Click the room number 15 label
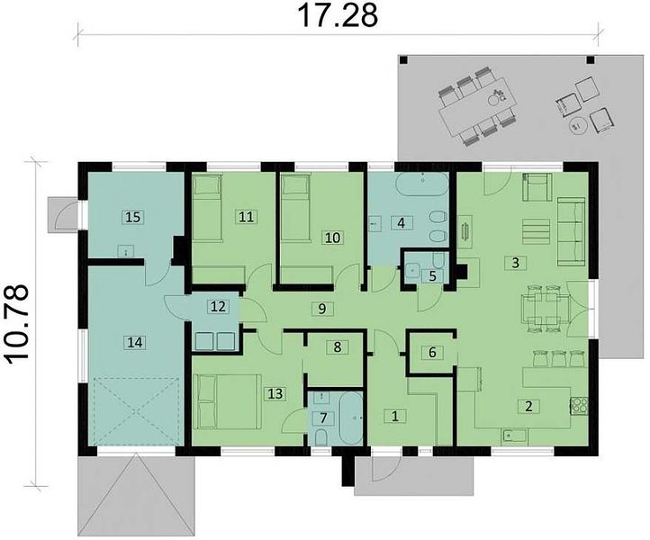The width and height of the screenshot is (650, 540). click(132, 217)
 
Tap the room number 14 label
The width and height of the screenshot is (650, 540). click(135, 343)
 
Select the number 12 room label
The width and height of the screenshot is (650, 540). click(218, 307)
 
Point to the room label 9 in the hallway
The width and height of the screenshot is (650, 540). click(322, 309)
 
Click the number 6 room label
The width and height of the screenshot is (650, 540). click(432, 352)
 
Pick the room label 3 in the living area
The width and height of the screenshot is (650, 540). click(515, 263)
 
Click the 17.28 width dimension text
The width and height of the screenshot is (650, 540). click(338, 15)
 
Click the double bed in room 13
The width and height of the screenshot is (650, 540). click(229, 401)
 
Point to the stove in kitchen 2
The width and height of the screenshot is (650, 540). click(580, 405)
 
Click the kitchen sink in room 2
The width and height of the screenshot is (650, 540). click(514, 436)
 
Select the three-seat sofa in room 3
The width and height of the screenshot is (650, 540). click(571, 231)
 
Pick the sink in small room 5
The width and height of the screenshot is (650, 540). click(413, 269)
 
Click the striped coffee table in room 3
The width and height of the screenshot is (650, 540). click(536, 231)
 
